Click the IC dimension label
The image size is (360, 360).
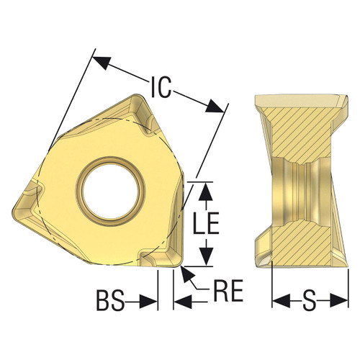point(160,86)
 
